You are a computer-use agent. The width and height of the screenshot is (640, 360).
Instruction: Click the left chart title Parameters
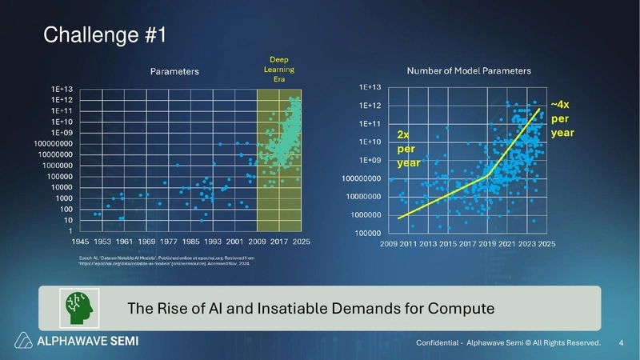pyautogui.click(x=175, y=71)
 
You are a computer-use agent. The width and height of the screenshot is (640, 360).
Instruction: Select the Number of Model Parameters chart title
pyautogui.click(x=469, y=70)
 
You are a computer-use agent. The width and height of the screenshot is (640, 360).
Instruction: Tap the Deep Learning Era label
pyautogui.click(x=280, y=70)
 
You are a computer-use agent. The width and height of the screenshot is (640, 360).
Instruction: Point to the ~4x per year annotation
pyautogui.click(x=560, y=118)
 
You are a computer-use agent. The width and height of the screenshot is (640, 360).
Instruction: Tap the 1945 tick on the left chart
pyautogui.click(x=80, y=240)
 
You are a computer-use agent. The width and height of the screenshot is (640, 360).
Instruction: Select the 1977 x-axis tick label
pyautogui.click(x=168, y=240)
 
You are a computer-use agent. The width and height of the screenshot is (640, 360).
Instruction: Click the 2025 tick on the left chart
pyautogui.click(x=301, y=240)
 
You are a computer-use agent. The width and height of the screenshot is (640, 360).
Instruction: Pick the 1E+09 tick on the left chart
pyautogui.click(x=62, y=132)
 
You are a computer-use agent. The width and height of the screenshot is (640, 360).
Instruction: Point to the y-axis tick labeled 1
pyautogui.click(x=74, y=230)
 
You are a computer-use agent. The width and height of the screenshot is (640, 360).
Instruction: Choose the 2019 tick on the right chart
pyautogui.click(x=487, y=243)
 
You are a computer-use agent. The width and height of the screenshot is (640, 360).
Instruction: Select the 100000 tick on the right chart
pyautogui.click(x=366, y=233)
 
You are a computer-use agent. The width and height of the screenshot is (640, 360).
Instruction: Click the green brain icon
pyautogui.click(x=78, y=308)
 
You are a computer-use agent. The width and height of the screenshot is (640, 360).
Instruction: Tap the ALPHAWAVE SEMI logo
pyautogui.click(x=78, y=341)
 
